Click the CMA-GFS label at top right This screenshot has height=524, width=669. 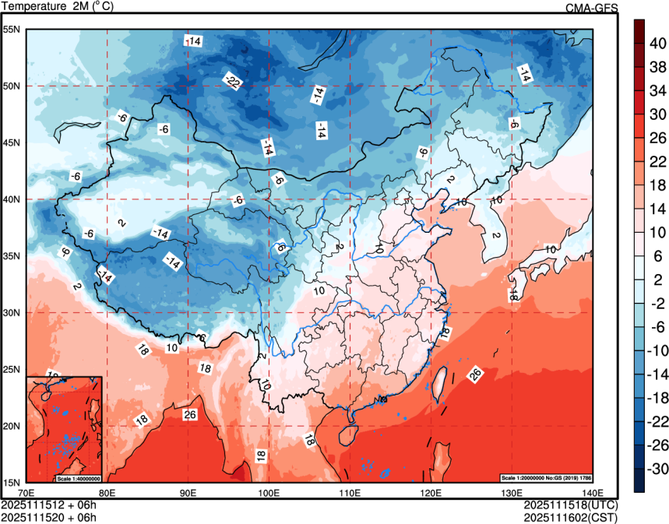tap(592, 8)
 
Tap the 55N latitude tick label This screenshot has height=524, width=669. tap(12, 29)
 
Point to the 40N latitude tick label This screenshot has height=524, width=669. tap(12, 199)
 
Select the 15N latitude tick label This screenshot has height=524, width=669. tap(12, 482)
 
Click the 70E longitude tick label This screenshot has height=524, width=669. tap(26, 492)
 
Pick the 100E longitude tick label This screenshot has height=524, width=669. tap(269, 492)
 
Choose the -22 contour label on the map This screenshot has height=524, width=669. tap(232, 80)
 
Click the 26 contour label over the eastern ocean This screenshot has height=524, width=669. tap(475, 375)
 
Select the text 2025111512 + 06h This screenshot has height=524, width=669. tap(49, 505)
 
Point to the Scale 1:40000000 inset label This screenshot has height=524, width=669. tap(79, 477)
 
